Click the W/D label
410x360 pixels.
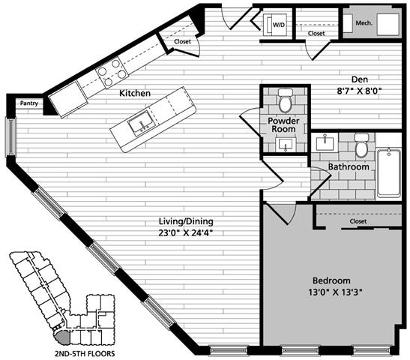(x=279, y=25)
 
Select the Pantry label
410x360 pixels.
(x=29, y=103)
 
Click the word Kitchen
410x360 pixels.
(x=135, y=93)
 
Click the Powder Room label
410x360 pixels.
(x=285, y=124)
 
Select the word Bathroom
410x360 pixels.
(x=349, y=166)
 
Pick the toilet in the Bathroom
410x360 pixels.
(x=361, y=146)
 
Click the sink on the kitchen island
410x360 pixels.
(x=139, y=124)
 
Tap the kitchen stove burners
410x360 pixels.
(x=111, y=73)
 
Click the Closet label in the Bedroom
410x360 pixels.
(x=358, y=221)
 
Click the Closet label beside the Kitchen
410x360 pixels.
(x=182, y=41)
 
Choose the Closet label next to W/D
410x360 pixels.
(x=316, y=33)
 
